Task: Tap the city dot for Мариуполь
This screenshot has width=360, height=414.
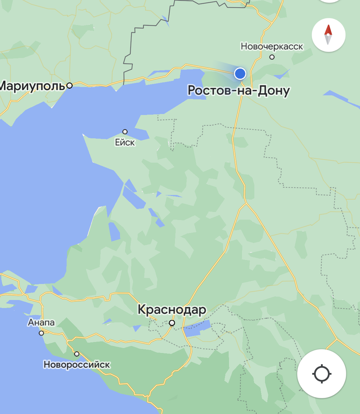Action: pos(70,85)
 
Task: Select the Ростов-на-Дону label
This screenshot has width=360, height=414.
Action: pos(238,90)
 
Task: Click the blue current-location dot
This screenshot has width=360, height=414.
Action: pos(240,73)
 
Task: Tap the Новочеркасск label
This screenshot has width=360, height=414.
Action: pos(272,46)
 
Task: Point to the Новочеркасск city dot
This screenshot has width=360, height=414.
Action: pos(272,57)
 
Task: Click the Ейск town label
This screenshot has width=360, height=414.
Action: pos(125,142)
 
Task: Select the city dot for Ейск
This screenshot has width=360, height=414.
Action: pos(125,132)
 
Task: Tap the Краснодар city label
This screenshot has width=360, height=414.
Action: pos(172,309)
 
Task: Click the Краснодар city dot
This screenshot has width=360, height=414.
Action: pos(172,323)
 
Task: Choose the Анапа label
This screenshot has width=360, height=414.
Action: pos(41,323)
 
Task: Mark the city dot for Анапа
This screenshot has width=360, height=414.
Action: pos(41,333)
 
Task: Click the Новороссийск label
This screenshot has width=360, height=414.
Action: pos(77,364)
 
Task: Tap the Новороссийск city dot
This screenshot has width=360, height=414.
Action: pos(77,354)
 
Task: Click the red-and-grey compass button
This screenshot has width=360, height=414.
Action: pos(328,35)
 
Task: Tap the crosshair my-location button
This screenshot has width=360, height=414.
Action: pos(321,374)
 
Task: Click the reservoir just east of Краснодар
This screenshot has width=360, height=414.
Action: pos(197,328)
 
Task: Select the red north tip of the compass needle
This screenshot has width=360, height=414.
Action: pos(328,30)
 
